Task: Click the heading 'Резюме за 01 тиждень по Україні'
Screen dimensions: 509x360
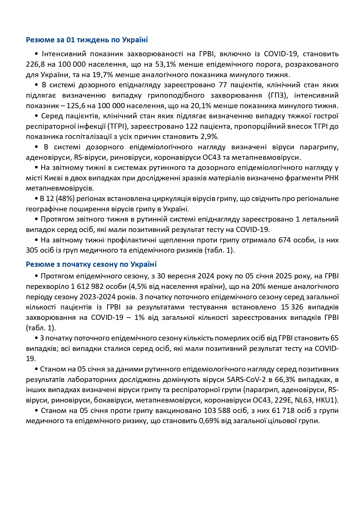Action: [87, 40]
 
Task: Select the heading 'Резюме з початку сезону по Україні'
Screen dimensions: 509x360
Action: [91, 264]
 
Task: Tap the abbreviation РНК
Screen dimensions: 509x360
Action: [332, 178]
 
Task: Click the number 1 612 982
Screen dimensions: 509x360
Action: [89, 287]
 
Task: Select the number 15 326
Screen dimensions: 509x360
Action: [292, 307]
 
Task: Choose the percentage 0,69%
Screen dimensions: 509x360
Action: [209, 421]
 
